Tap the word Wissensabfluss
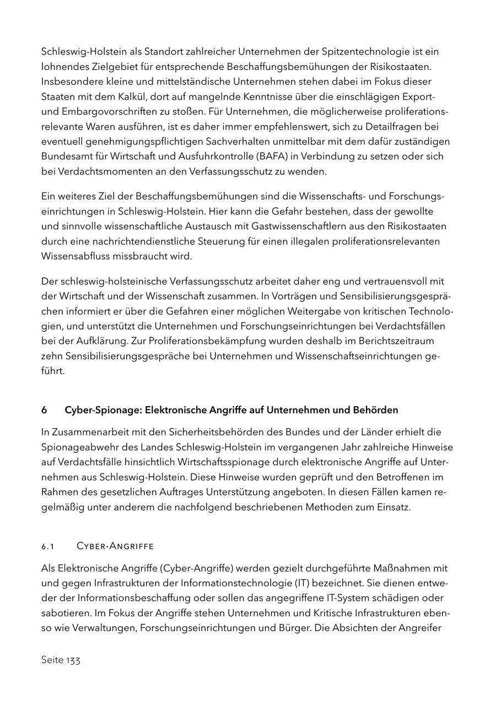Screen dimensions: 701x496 [74, 256]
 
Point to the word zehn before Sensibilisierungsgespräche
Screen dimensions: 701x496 [52, 356]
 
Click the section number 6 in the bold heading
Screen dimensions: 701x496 [44, 410]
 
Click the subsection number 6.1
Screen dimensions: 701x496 [48, 546]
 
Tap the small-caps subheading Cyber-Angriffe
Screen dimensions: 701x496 [115, 546]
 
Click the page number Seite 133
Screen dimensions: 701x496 [61, 660]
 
